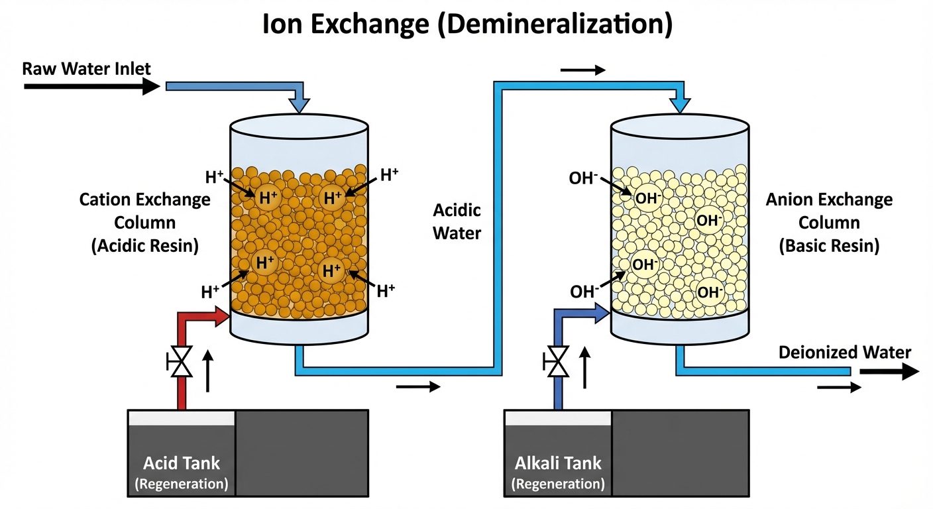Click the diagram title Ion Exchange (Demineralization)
(x=466, y=25)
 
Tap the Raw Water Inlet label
(x=86, y=68)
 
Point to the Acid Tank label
(x=182, y=463)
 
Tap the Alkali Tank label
(x=558, y=463)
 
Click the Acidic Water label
(x=457, y=221)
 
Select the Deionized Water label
(x=845, y=352)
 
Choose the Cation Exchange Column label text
(x=145, y=222)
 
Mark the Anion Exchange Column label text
(x=829, y=222)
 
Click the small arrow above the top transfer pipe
(x=583, y=70)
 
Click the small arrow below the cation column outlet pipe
(x=417, y=387)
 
